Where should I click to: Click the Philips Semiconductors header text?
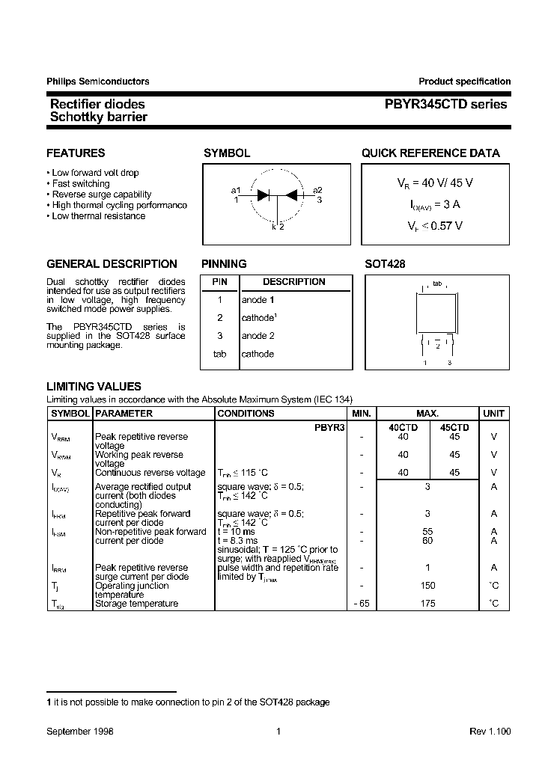(x=97, y=82)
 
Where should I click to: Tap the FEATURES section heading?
(x=76, y=153)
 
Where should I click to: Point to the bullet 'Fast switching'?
(x=81, y=183)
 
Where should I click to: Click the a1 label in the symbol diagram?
(x=236, y=190)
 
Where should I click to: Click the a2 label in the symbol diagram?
(x=318, y=190)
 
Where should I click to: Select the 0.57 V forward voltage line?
(x=435, y=224)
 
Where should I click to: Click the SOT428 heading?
(x=385, y=264)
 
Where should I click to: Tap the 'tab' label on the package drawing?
(x=437, y=284)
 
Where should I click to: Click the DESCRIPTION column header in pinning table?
(x=294, y=282)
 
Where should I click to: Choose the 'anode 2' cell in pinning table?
(x=258, y=336)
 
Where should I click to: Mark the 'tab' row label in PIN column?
(x=219, y=354)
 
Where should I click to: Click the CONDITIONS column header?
(x=246, y=413)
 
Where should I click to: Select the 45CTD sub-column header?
(x=454, y=427)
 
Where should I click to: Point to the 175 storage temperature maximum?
(x=427, y=603)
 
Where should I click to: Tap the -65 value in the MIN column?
(x=362, y=603)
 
